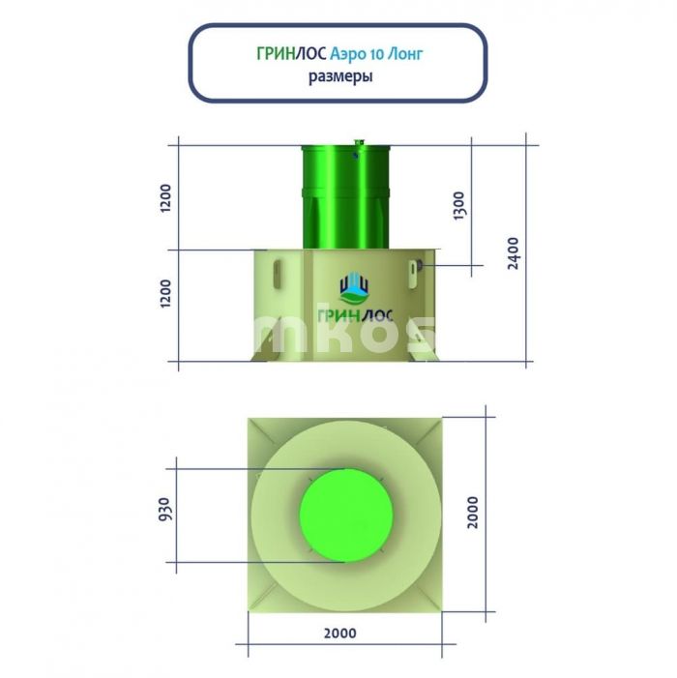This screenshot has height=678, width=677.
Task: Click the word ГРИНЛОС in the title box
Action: (291, 54)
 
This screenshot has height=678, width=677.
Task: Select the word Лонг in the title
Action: (404, 54)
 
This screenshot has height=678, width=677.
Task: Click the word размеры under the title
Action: (340, 77)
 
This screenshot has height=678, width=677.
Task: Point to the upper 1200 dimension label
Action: (165, 197)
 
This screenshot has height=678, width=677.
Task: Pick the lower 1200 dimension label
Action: (165, 294)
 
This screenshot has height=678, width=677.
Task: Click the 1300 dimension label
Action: (458, 206)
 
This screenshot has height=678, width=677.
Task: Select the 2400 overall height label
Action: (513, 253)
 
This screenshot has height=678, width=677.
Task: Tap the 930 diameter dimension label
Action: (164, 509)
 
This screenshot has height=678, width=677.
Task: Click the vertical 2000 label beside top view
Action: (473, 513)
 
